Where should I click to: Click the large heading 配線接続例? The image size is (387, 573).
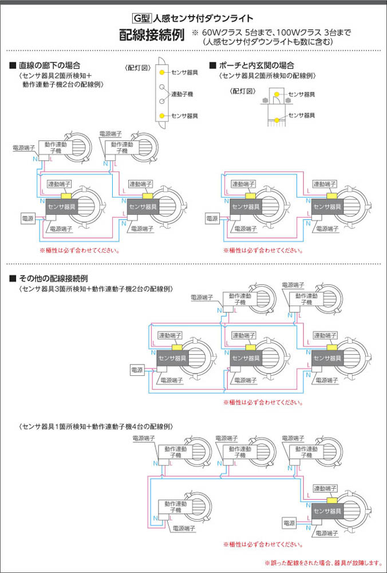[x=152, y=36]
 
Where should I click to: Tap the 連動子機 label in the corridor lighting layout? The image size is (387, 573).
[x=182, y=93]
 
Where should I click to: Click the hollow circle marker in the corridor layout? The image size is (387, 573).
[x=163, y=88]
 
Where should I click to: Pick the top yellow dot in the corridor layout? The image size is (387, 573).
[x=163, y=72]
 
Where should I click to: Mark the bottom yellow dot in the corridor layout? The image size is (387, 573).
[x=163, y=116]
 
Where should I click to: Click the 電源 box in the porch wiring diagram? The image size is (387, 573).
[x=212, y=218]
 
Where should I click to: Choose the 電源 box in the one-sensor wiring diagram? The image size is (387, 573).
[x=290, y=523]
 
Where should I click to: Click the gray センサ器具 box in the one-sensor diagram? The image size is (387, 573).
[x=327, y=511]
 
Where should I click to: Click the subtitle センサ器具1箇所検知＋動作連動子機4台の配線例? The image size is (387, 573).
[x=96, y=427]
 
